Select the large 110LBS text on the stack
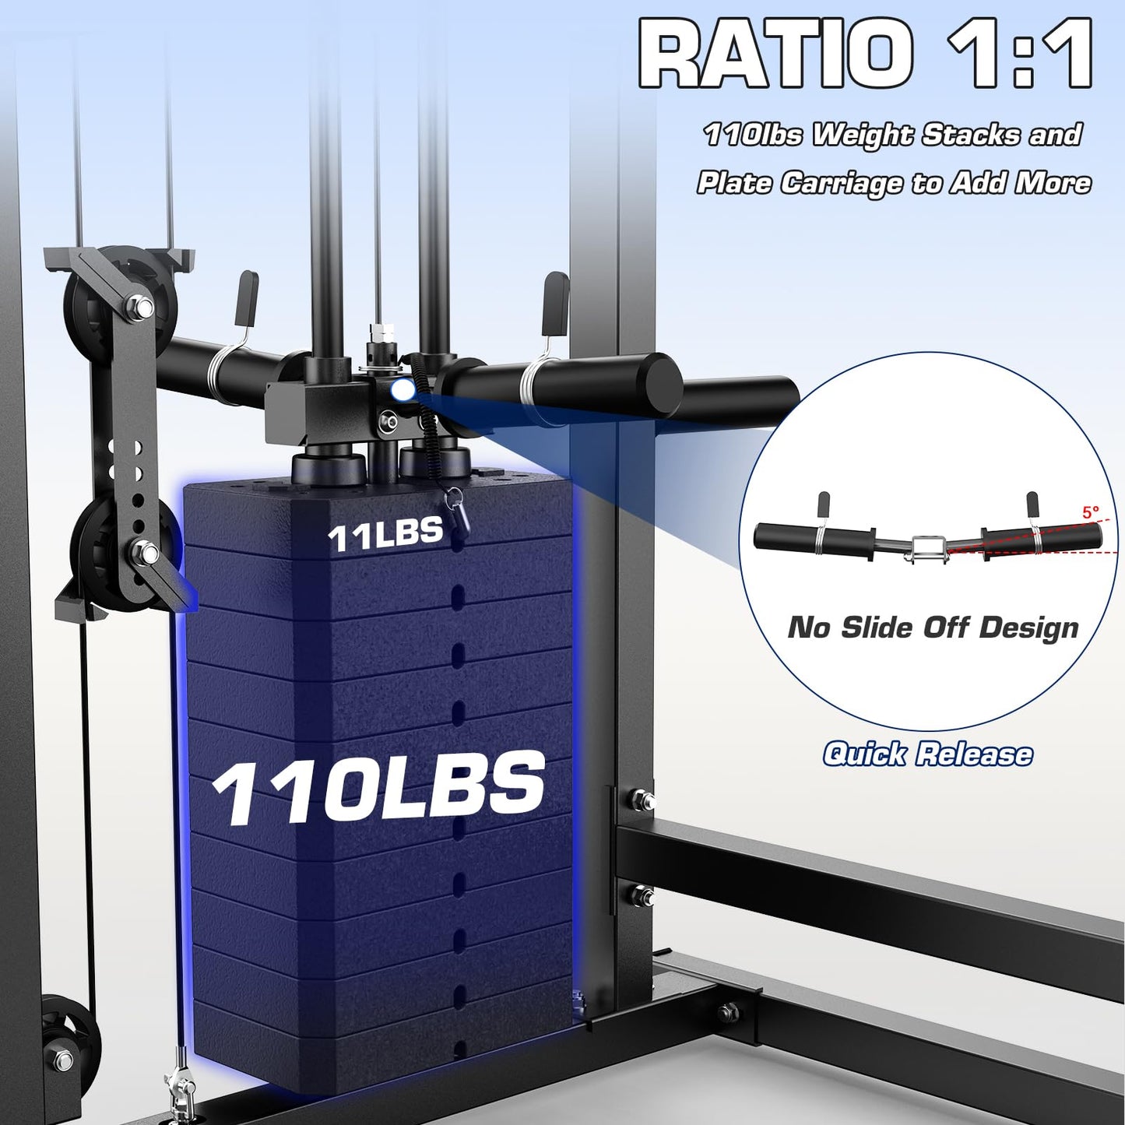(x=378, y=788)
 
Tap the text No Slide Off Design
(x=933, y=628)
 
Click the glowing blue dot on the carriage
(x=401, y=389)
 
